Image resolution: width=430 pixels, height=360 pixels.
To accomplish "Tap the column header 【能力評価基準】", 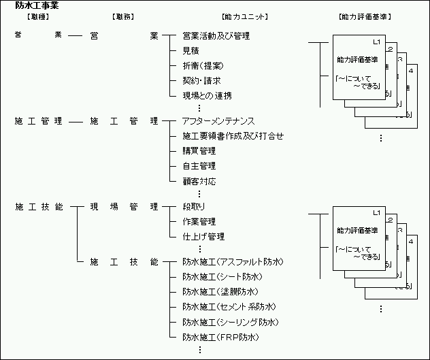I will (364, 16).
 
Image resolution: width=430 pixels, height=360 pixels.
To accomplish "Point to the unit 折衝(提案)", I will (203, 65).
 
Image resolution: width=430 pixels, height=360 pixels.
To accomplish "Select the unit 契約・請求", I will (201, 80).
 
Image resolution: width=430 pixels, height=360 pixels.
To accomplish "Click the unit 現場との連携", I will (207, 95).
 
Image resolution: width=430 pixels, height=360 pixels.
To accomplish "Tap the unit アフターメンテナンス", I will (218, 121).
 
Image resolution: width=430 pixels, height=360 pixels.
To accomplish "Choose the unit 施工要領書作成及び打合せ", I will (233, 136).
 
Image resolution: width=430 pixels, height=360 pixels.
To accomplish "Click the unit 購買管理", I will (199, 151).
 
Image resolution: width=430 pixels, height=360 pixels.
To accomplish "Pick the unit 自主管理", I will (199, 166).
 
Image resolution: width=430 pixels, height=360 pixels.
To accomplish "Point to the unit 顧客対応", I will (199, 182).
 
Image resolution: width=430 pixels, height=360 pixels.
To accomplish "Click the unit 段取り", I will (193, 206).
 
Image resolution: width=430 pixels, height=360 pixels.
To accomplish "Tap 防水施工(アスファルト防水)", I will (233, 262).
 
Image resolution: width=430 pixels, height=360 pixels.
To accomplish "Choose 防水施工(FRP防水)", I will (221, 337).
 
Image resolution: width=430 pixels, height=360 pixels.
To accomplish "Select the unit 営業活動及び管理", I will (216, 35).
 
